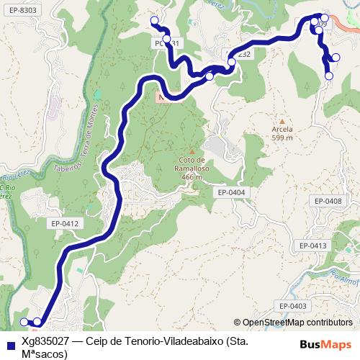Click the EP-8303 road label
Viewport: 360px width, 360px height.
(23, 11)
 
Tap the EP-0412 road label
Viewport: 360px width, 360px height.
(64, 224)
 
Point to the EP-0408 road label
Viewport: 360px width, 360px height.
(328, 200)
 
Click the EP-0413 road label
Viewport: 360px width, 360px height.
(313, 246)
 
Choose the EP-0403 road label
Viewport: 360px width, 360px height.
(293, 306)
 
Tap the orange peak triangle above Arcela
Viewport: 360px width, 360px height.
(282, 122)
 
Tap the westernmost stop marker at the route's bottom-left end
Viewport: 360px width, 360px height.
(24, 322)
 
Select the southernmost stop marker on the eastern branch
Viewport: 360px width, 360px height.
(329, 76)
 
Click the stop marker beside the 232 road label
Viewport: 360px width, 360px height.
(231, 63)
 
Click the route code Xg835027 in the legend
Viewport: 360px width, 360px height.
(45, 341)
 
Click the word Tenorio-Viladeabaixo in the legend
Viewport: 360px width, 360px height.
(165, 341)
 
